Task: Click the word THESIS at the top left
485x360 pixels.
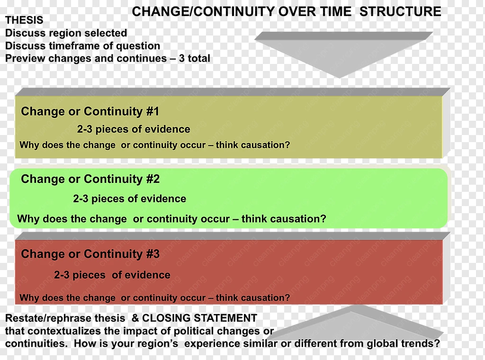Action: click(24, 20)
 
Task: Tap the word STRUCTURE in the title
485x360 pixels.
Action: click(400, 12)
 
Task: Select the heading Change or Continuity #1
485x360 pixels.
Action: click(90, 111)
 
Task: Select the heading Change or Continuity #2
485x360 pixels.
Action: click(90, 179)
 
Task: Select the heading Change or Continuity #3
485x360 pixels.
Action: click(90, 254)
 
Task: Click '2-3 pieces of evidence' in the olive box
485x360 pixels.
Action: click(134, 129)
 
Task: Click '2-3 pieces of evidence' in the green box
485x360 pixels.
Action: click(130, 198)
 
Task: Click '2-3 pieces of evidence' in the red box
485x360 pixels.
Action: click(112, 275)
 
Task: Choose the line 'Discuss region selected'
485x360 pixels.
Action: click(66, 33)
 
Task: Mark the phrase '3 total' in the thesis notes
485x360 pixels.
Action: click(195, 58)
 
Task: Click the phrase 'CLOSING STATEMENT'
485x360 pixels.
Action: click(199, 318)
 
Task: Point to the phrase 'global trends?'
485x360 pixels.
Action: click(403, 343)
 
